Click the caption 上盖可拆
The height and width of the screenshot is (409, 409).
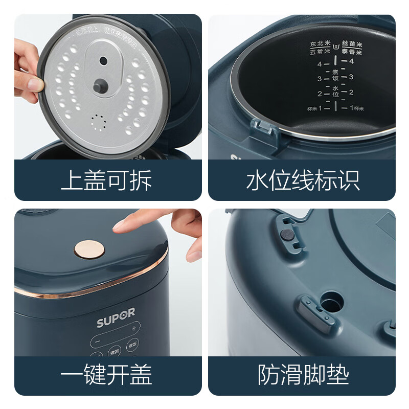click(x=106, y=180)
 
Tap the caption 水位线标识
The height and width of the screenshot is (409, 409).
click(x=303, y=180)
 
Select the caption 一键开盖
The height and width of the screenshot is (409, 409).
click(x=106, y=375)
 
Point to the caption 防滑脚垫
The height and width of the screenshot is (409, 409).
click(x=303, y=375)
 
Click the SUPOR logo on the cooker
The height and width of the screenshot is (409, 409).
click(x=116, y=324)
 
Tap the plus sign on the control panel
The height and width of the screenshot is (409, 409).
click(x=134, y=328)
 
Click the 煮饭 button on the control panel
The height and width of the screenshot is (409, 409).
click(x=134, y=344)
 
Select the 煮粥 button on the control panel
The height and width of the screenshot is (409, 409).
click(x=113, y=352)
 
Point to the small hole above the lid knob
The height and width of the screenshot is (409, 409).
click(x=103, y=61)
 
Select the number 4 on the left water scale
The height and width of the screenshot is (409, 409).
click(x=320, y=64)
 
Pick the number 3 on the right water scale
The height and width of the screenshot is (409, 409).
click(x=351, y=77)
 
